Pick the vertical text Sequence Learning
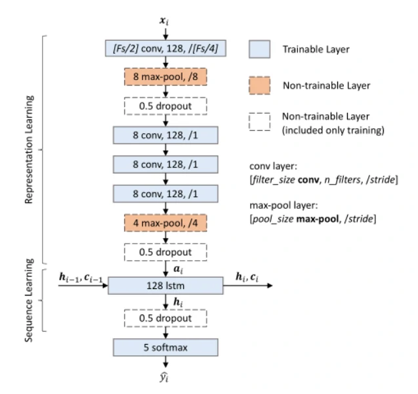tap(29, 301)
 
